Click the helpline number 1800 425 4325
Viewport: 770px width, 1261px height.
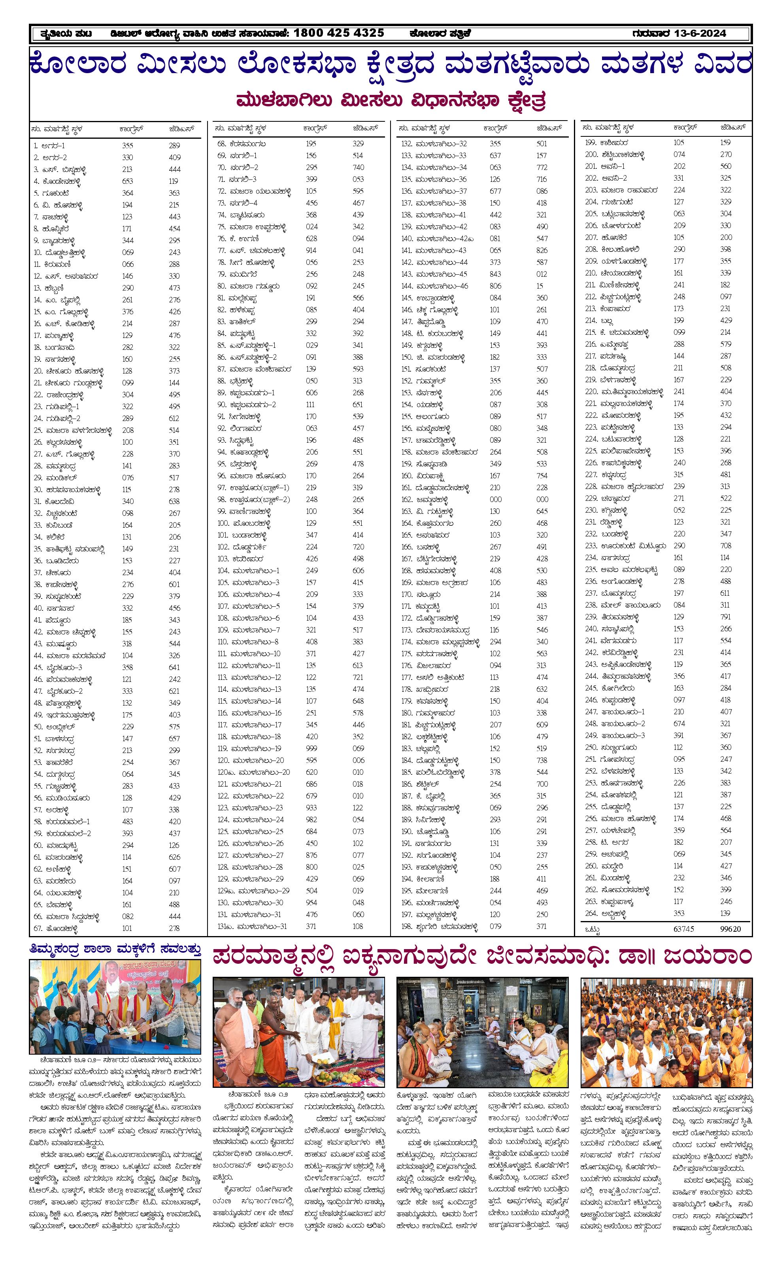point(339,33)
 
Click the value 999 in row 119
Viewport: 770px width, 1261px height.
point(311,748)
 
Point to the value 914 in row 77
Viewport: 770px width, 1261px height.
point(311,250)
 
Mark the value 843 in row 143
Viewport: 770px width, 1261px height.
point(495,274)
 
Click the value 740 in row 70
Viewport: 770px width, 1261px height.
point(358,167)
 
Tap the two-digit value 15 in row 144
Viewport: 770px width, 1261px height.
point(540,285)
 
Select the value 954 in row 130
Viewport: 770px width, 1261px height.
point(311,902)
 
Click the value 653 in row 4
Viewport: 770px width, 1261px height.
point(127,181)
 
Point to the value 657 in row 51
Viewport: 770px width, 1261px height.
point(174,738)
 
